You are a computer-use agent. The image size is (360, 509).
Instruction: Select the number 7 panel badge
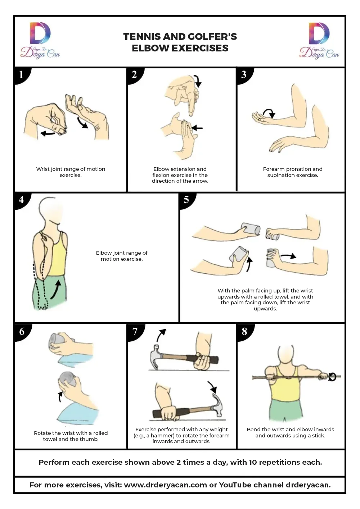pos(135,332)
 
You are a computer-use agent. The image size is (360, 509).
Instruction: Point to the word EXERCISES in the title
pos(200,48)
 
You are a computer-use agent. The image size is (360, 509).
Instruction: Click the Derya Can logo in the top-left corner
pos(40,40)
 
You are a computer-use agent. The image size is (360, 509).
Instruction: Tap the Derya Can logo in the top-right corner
pos(319,40)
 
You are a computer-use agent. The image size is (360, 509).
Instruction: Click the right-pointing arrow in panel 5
pos(288,256)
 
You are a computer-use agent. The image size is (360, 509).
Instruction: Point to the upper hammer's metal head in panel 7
pos(155,358)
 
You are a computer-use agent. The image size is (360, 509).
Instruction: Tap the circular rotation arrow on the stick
pos(332,377)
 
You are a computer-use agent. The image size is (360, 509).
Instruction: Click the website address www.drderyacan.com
pos(165,485)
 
